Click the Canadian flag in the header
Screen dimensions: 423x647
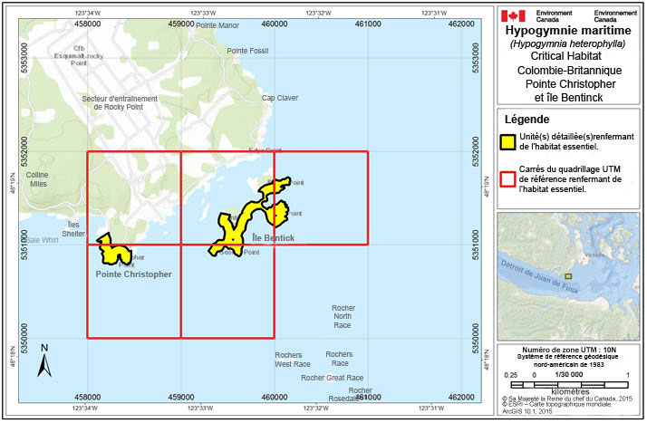pyautogui.click(x=513, y=15)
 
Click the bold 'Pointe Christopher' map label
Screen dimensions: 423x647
pyautogui.click(x=134, y=274)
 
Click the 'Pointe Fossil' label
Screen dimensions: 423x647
pyautogui.click(x=247, y=50)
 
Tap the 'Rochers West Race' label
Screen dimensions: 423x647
pyautogui.click(x=293, y=360)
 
